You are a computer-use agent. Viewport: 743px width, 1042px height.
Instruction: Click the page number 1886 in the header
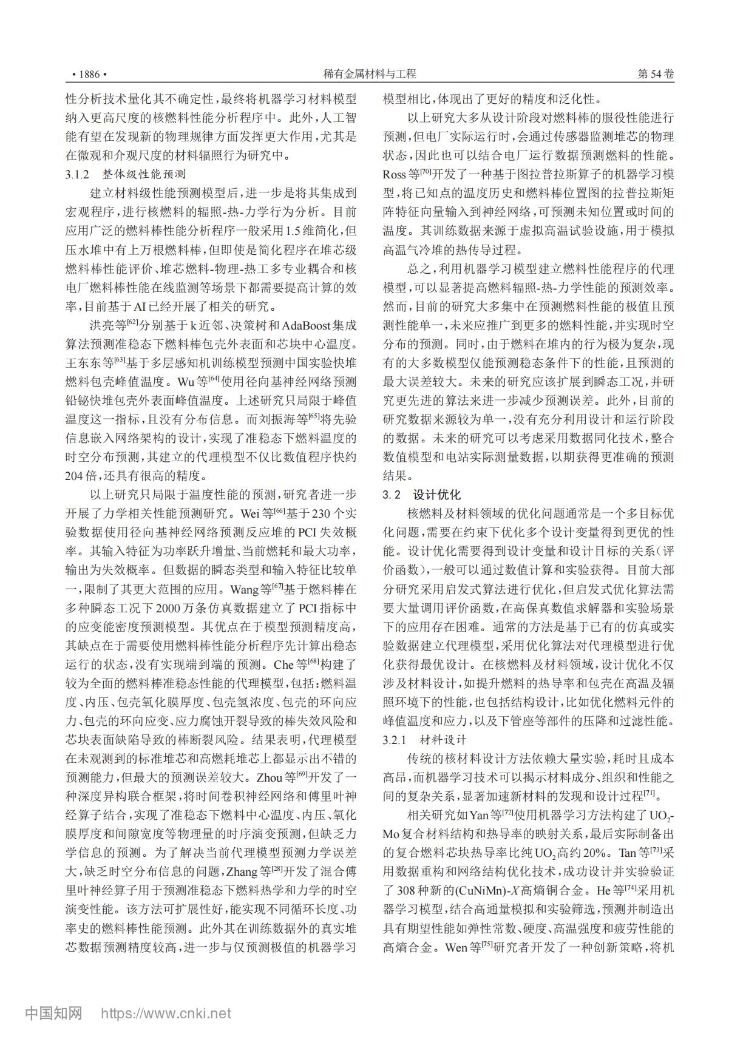[x=89, y=74]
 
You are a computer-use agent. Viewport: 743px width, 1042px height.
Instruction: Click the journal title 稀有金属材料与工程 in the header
[x=370, y=74]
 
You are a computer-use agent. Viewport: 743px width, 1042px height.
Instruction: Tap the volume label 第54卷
[x=656, y=74]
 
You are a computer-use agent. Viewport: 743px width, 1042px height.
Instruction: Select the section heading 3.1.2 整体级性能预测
[x=126, y=175]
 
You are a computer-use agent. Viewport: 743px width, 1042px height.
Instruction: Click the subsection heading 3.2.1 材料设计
[x=425, y=740]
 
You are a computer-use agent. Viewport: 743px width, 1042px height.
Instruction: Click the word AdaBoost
[x=308, y=325]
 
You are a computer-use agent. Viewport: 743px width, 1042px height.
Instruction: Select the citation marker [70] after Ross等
[x=426, y=172]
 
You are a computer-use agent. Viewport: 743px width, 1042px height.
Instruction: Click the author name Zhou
[x=270, y=777]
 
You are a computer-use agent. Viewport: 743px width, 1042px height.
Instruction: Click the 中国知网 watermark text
[x=53, y=1012]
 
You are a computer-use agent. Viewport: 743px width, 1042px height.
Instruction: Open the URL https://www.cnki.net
[x=165, y=1013]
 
